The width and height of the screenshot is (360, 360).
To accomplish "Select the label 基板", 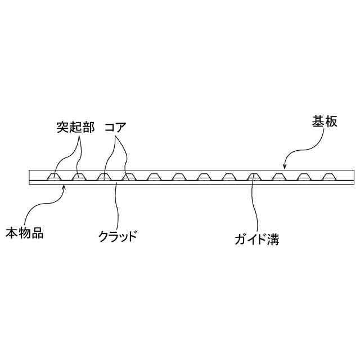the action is coord(325,121).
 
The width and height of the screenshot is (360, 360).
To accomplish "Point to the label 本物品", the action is coord(24,232).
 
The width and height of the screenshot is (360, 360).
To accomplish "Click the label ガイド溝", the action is coord(257,241).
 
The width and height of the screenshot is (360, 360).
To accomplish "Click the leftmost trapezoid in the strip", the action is coord(55,177).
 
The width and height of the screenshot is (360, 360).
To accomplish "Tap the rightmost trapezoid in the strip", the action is coord(328,177).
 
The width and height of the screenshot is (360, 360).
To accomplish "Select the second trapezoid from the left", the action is coord(79,177).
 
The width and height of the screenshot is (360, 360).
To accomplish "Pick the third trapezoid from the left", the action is coord(104,177).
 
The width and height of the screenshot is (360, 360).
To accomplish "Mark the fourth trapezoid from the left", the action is coord(129,177).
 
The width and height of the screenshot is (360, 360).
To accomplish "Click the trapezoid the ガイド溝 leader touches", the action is coord(254,177).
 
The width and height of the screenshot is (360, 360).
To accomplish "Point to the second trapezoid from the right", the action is coord(304,177).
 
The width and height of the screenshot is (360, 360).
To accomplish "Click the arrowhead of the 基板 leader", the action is coord(285,168).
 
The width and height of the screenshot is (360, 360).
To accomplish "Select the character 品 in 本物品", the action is coord(37,232).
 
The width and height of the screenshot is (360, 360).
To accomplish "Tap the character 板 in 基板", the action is coord(331,121).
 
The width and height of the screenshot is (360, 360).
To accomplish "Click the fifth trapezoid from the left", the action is coord(154,177).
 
